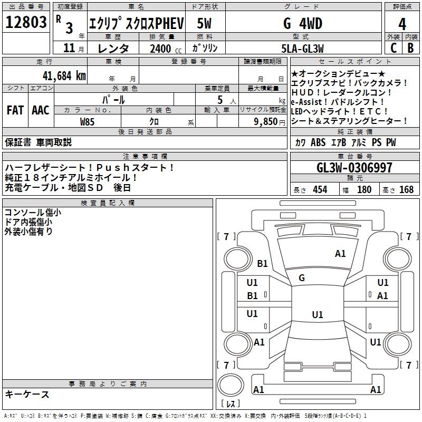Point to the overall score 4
[x=402, y=24]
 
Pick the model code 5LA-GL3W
[x=302, y=49]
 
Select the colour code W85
[x=88, y=121]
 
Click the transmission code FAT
[x=15, y=110]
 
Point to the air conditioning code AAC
[x=41, y=110]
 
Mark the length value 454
[x=320, y=190]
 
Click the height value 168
[x=406, y=190]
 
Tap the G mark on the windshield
[x=302, y=278]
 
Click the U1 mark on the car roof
[x=317, y=315]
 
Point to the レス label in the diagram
[x=230, y=404]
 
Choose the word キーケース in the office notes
[x=27, y=395]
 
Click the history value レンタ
[x=114, y=49]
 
